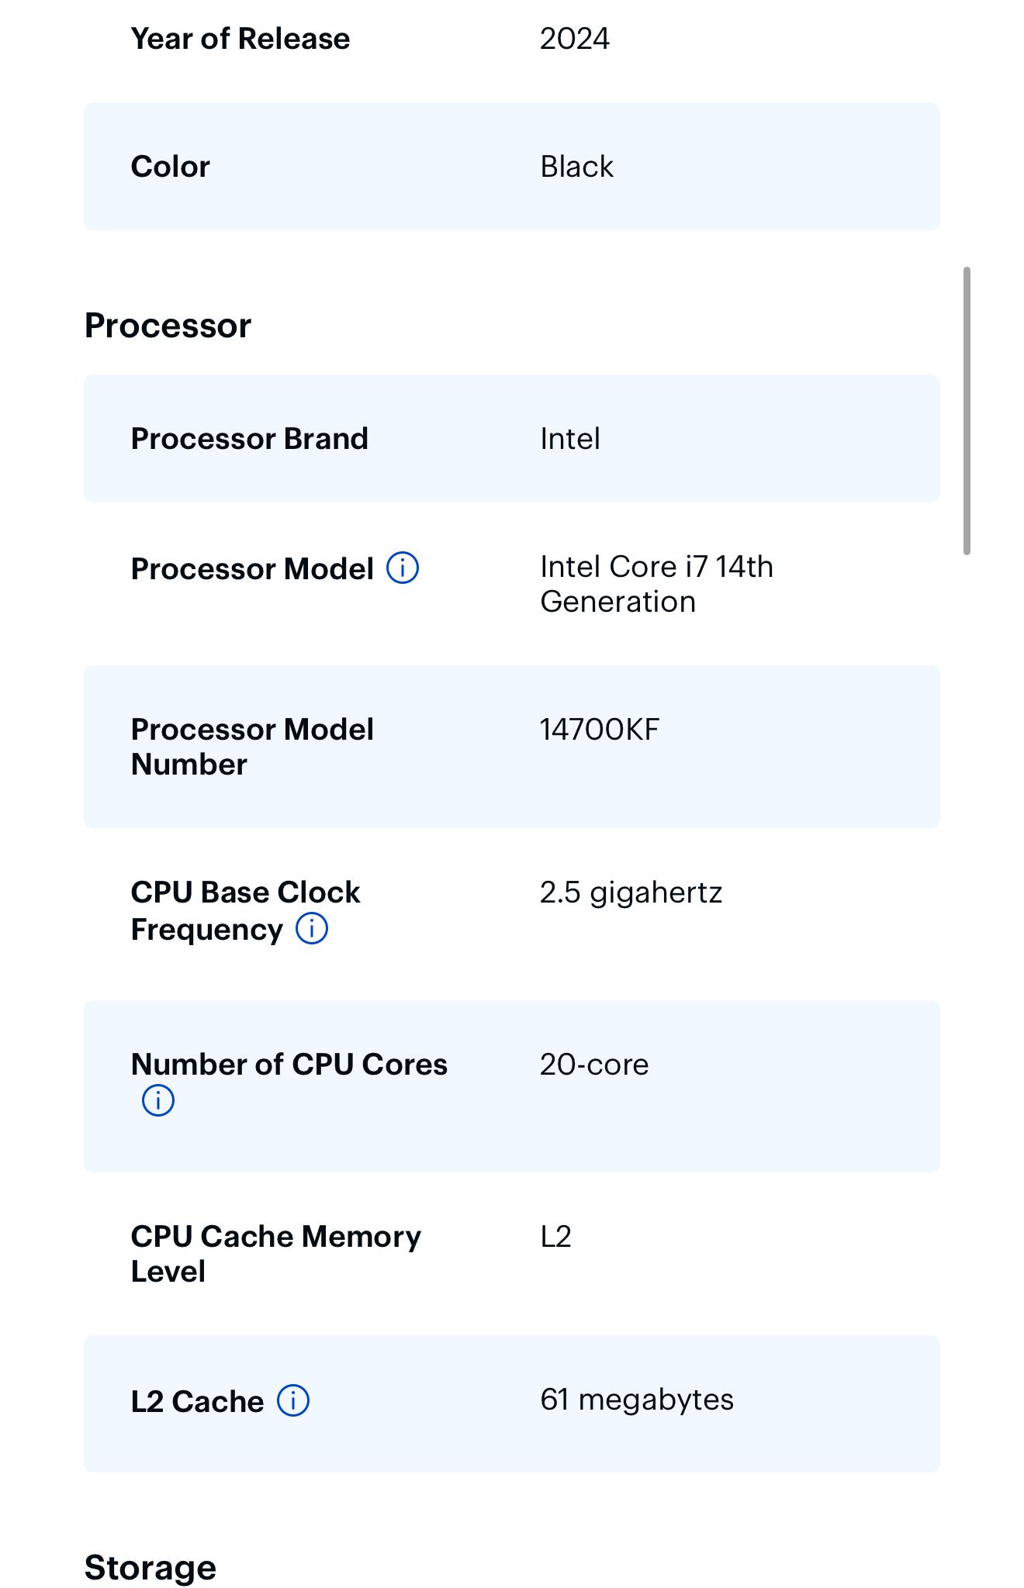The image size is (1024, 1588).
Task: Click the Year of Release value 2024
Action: point(574,39)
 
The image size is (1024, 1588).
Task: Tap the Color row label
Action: point(171,167)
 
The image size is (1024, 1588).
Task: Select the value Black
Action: point(576,167)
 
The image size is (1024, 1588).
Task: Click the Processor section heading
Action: point(168,326)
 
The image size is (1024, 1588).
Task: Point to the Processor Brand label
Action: point(250,439)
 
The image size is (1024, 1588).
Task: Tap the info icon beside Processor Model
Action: point(403,568)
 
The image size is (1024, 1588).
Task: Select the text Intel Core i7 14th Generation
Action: point(657,584)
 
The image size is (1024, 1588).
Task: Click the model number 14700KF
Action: point(600,730)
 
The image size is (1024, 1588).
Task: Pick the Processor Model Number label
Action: point(253,747)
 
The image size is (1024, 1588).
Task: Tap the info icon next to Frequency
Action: point(312,928)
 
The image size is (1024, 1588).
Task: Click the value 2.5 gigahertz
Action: point(631,892)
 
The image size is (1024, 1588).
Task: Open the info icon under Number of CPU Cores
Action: point(158,1100)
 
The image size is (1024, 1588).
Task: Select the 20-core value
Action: point(594,1065)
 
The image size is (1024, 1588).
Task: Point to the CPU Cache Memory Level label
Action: point(276,1254)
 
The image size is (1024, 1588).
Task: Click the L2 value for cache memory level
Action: point(556,1237)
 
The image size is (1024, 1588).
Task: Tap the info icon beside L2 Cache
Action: point(293,1400)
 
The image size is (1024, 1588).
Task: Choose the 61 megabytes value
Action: point(637,1400)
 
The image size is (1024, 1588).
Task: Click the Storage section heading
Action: point(150,1568)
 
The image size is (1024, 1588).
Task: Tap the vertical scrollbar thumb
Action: point(967,411)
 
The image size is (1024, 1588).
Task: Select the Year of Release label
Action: point(240,39)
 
